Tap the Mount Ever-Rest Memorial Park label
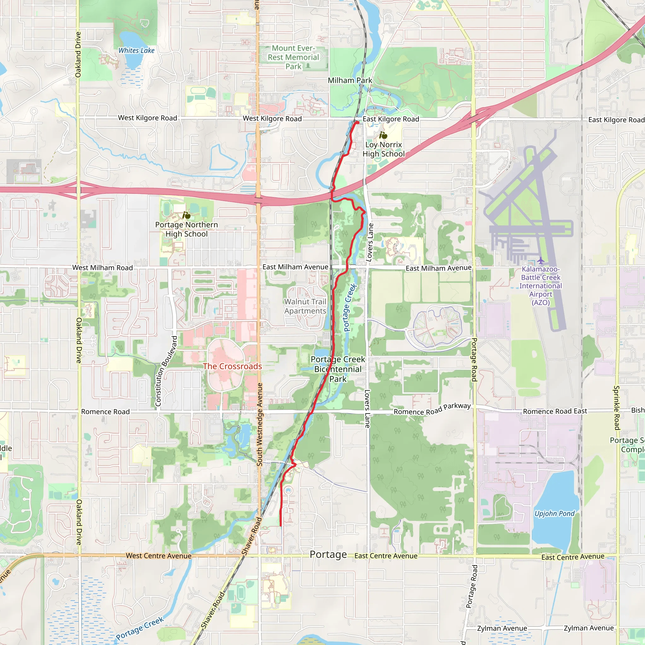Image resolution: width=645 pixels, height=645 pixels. tap(293, 57)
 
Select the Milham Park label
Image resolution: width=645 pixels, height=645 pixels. tap(350, 80)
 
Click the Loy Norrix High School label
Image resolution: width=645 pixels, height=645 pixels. tap(383, 149)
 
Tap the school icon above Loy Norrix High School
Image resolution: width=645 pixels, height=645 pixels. tap(383, 135)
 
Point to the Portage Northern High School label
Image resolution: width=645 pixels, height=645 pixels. tap(186, 229)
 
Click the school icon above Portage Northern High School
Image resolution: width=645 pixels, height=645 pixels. tap(186, 215)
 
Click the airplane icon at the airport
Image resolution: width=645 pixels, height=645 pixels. tap(540, 260)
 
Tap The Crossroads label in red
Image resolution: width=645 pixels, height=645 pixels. tap(232, 366)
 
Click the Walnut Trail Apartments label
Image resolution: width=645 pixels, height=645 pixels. tap(305, 306)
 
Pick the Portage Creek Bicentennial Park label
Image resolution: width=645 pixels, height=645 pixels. tap(338, 369)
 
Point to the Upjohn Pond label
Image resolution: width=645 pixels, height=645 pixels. tap(554, 513)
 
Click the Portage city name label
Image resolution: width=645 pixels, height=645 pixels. tap(328, 555)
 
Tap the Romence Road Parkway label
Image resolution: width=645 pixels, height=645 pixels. tap(432, 409)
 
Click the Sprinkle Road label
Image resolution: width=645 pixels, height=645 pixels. tap(616, 408)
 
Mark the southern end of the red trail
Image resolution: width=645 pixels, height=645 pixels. tap(280, 526)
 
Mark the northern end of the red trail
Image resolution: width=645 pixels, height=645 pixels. tap(357, 123)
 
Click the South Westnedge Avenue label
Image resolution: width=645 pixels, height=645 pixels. tap(260, 424)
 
